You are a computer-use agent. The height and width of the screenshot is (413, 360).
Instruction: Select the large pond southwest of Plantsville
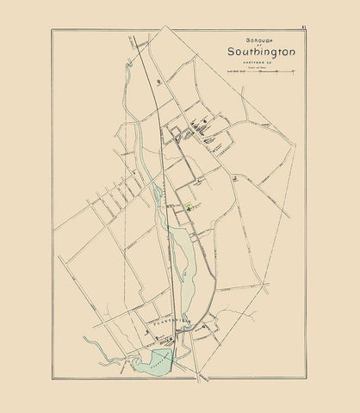(151, 361)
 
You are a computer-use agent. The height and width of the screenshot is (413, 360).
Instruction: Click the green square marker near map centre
(189, 208)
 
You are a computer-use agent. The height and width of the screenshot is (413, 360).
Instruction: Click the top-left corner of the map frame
(53, 30)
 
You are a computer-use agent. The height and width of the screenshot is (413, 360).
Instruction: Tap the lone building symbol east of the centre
(234, 176)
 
